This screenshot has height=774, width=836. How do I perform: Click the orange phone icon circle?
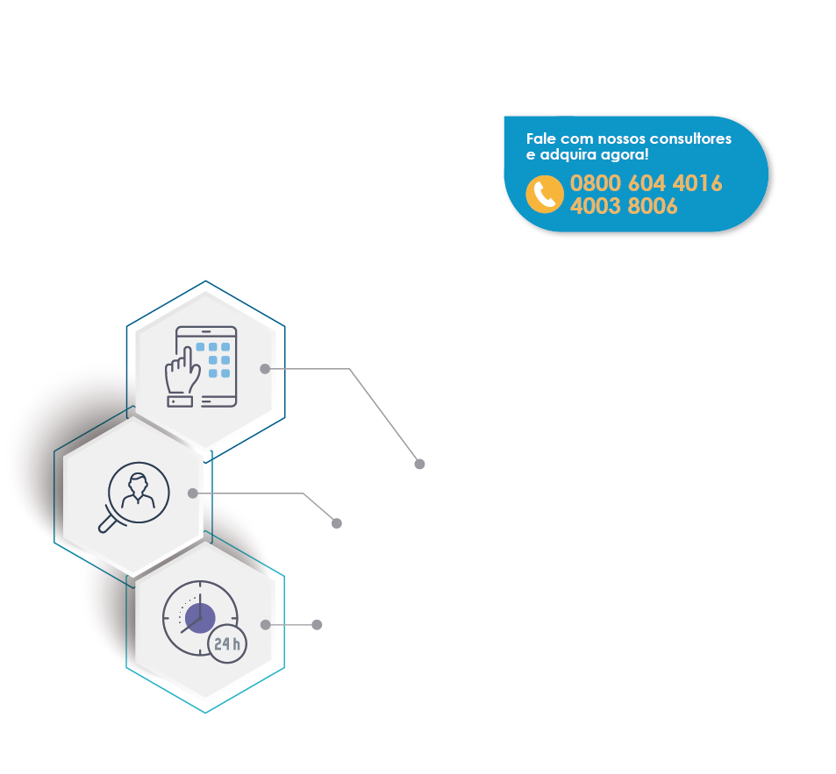[x=545, y=194]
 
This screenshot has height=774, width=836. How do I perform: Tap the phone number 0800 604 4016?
[x=646, y=184]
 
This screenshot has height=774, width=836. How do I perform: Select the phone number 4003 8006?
[x=624, y=207]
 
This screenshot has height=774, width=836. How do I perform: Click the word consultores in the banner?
[x=690, y=139]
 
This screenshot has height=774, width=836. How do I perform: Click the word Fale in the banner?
[x=539, y=139]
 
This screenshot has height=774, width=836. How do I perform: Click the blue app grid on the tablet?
[x=213, y=360]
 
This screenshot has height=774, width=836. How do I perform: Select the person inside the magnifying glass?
[x=139, y=492]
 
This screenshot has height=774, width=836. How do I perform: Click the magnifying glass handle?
[x=108, y=523]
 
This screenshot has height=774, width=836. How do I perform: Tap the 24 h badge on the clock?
[x=227, y=644]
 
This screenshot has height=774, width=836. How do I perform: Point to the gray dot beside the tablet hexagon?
[x=265, y=369]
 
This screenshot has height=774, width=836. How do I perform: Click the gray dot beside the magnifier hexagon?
[x=193, y=494]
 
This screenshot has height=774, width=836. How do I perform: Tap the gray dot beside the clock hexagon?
[x=265, y=625]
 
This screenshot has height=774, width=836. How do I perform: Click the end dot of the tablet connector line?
[x=419, y=464]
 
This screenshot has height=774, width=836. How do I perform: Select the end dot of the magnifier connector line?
[x=336, y=523]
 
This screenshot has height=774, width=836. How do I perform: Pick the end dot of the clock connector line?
[x=317, y=625]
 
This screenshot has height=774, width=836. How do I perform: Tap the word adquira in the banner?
[x=565, y=155]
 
